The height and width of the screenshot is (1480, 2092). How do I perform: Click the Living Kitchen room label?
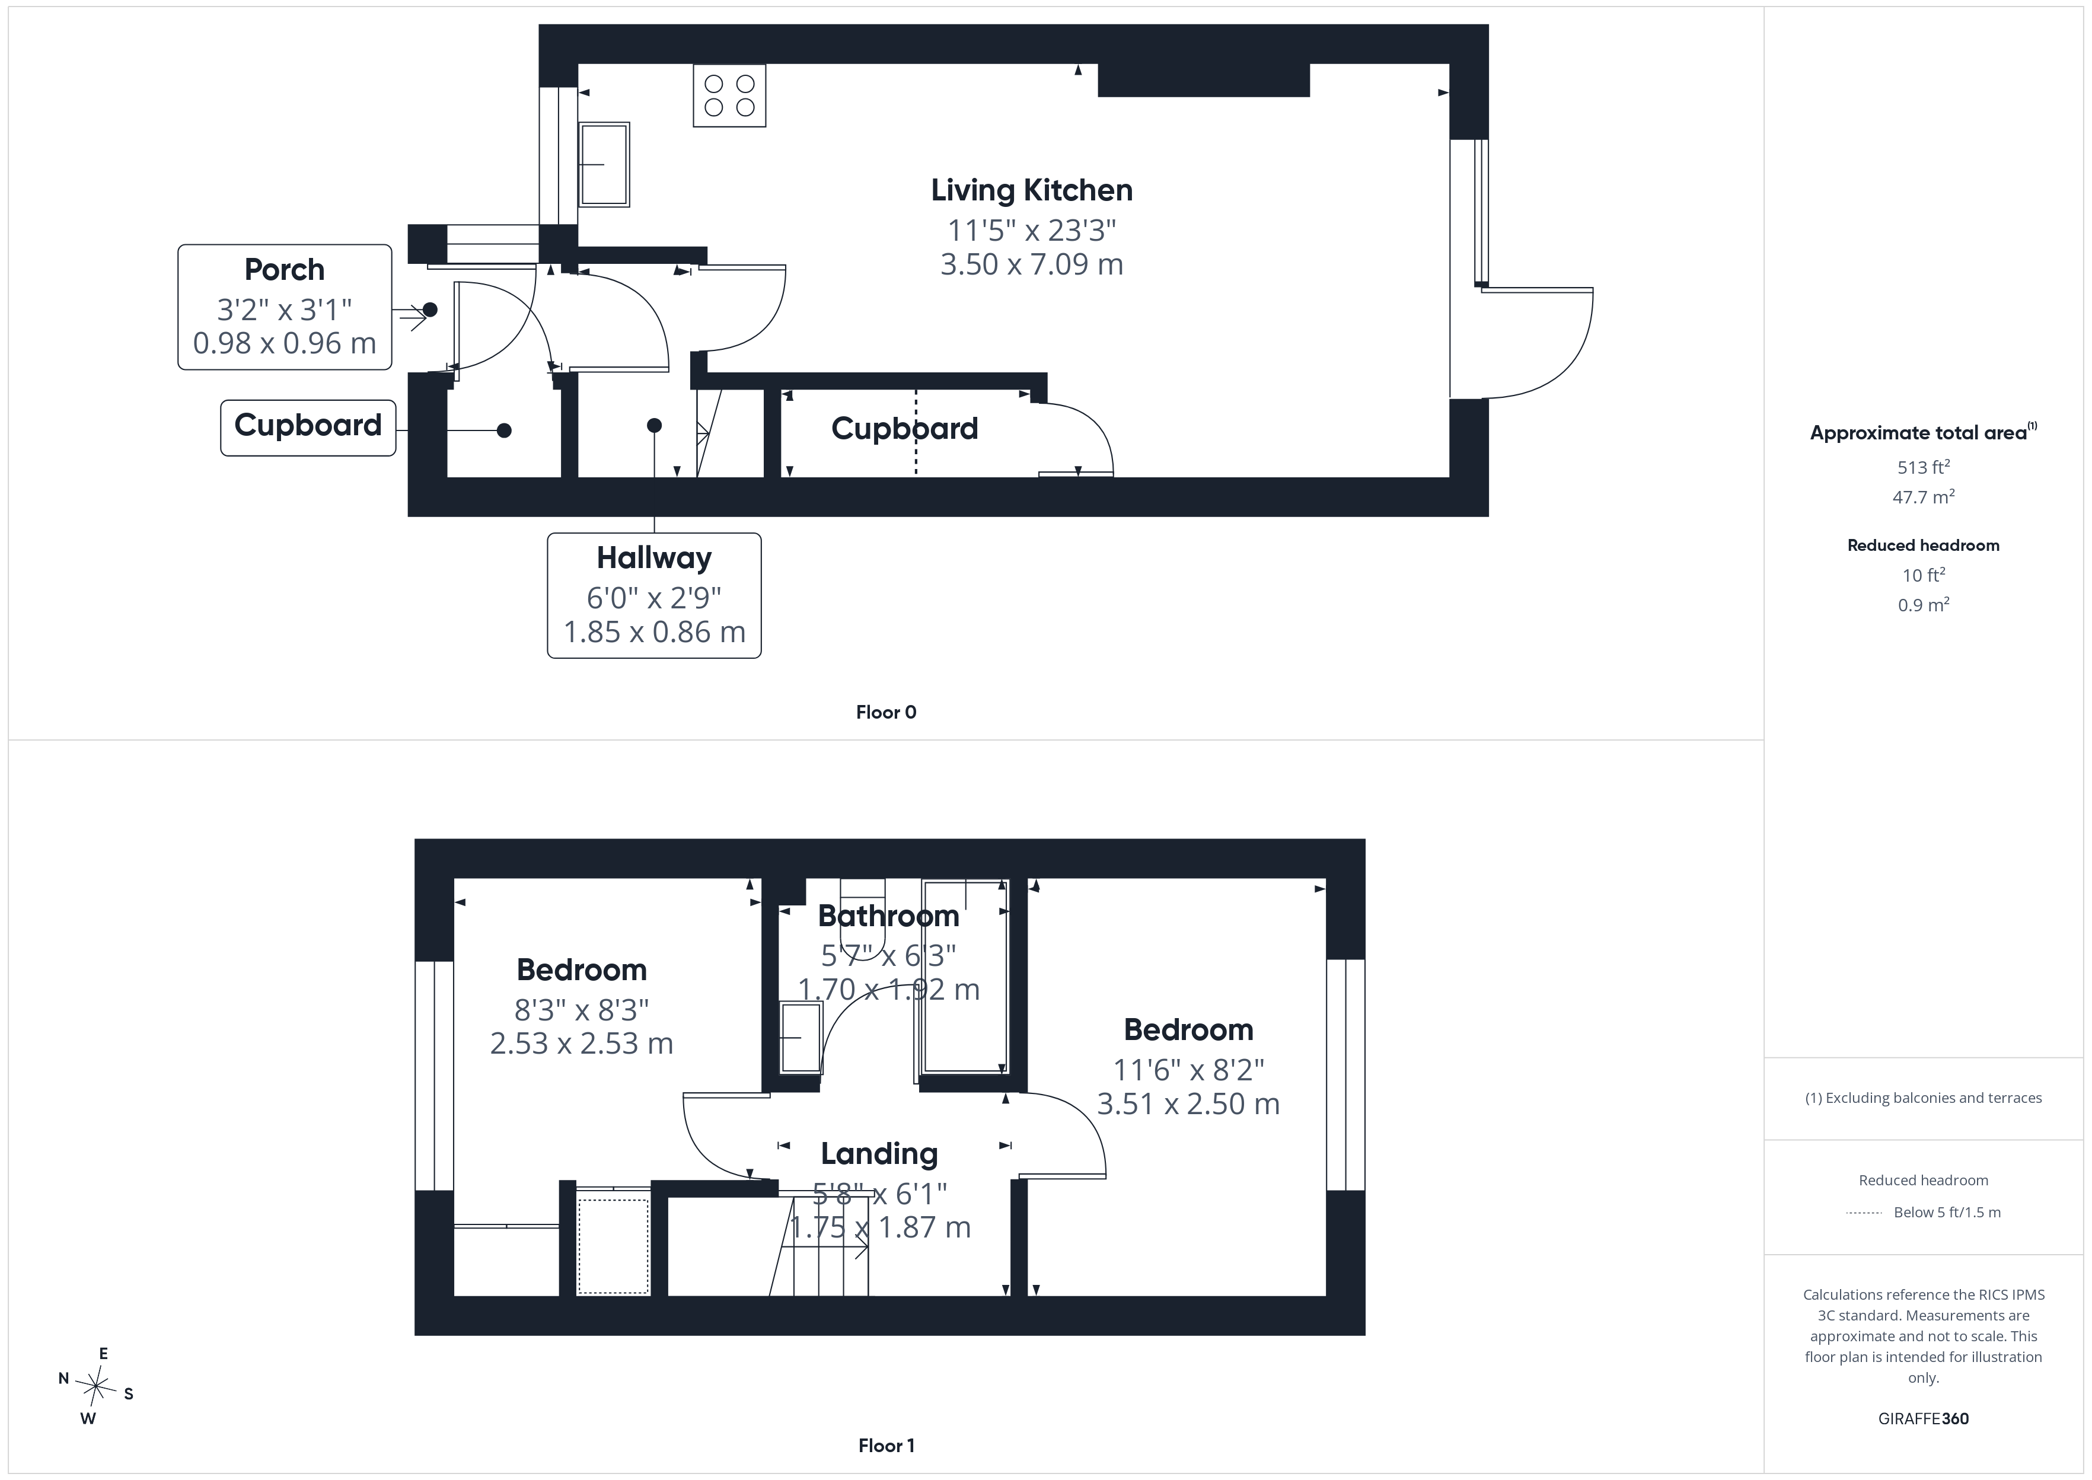pos(1031,190)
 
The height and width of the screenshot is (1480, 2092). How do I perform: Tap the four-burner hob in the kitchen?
pos(729,95)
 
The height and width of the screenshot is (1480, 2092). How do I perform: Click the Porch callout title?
pos(284,270)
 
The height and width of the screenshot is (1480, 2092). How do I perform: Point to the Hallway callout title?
pos(654,558)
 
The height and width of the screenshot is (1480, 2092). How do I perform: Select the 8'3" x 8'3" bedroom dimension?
pos(581,1010)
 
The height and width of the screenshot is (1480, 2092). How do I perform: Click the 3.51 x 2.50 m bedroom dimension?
pos(1188,1103)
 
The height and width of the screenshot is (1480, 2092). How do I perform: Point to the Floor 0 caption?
pos(886,713)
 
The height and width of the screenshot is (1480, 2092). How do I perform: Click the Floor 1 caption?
pos(886,1446)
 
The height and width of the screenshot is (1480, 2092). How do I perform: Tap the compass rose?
pos(95,1387)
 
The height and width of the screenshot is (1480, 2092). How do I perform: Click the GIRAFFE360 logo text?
pos(1924,1419)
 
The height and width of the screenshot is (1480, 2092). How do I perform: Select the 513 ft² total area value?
pos(1924,467)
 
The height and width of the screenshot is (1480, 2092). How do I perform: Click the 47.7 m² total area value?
pos(1924,497)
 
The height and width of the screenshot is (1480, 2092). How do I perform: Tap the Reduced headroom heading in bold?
pos(1924,545)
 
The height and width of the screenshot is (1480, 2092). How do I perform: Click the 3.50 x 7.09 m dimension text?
pos(1031,264)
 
